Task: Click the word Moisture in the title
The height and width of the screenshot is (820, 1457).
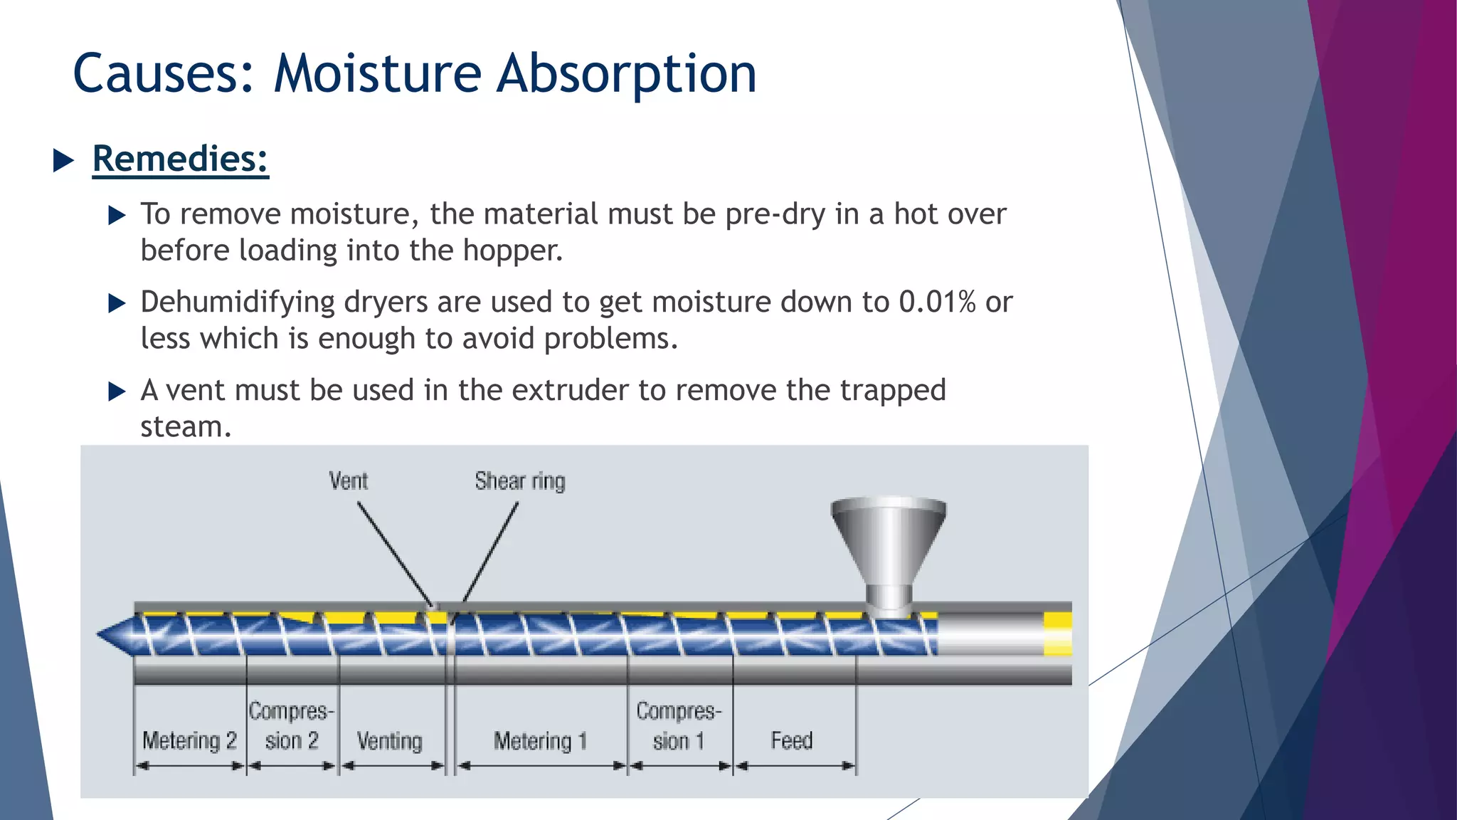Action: coord(377,73)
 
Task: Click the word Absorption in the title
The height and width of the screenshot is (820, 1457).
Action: coord(626,75)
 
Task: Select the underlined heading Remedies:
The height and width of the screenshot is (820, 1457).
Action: coord(180,159)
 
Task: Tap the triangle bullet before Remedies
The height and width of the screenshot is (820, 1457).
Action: coord(63,161)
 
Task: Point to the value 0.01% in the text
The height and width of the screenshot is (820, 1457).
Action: coord(937,302)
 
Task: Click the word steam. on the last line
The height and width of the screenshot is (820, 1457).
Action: coord(186,427)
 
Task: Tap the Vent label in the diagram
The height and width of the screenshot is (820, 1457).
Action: coord(348,481)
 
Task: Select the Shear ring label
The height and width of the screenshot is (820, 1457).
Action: coord(520,481)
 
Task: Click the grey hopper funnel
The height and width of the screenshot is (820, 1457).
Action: coord(889,541)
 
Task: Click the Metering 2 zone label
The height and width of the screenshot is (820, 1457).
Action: coord(189,741)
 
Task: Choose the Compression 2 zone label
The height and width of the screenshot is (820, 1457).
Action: coord(291,726)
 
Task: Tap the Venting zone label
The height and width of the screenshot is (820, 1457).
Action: coord(389,741)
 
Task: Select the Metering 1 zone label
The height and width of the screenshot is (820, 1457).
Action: coord(540,741)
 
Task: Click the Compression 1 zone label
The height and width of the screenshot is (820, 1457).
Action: coord(679,726)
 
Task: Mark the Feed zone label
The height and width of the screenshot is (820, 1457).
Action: coord(791,740)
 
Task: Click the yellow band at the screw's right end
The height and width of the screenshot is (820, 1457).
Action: coord(1058,634)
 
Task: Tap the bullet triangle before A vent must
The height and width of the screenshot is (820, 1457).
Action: coord(117,391)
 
